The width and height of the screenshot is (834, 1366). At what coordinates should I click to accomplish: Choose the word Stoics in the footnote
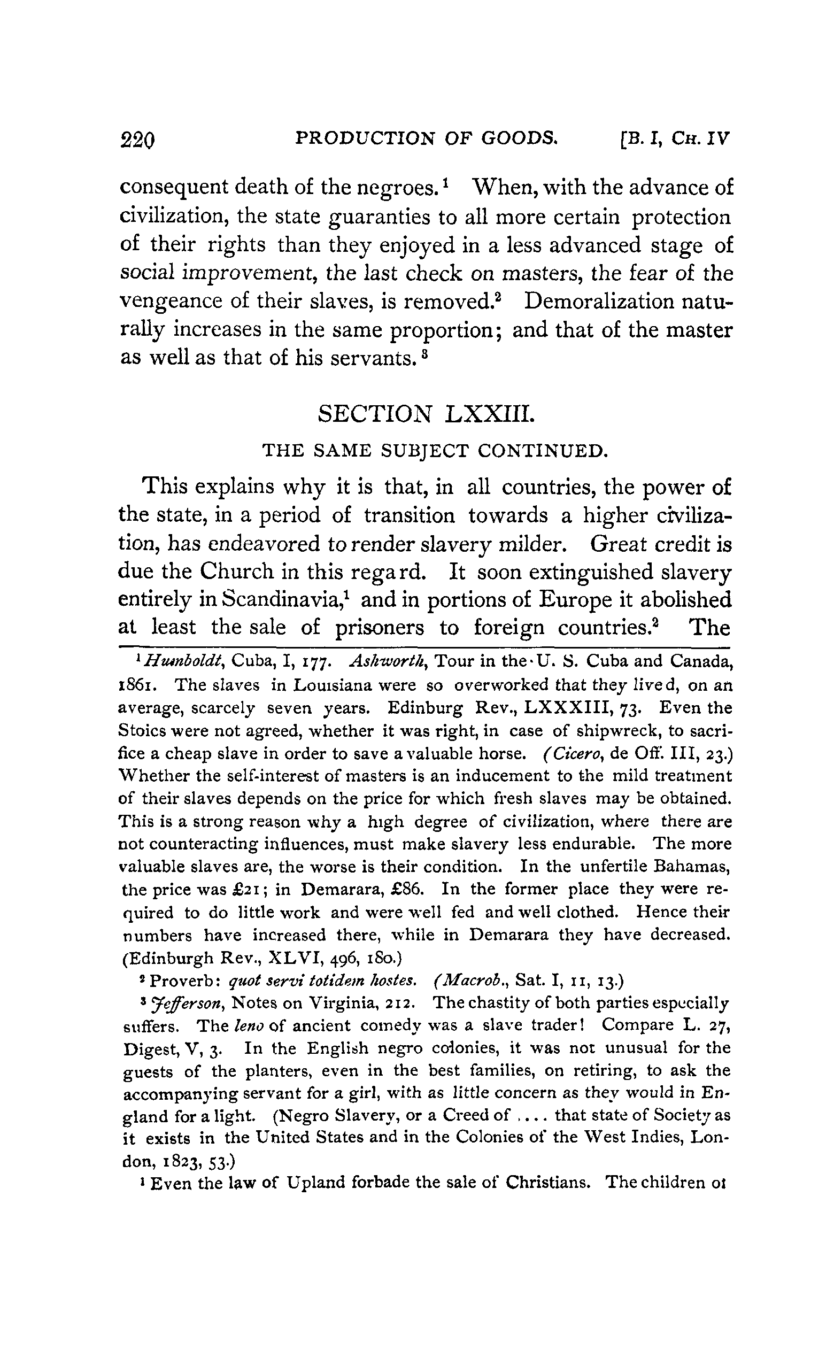click(x=143, y=731)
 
